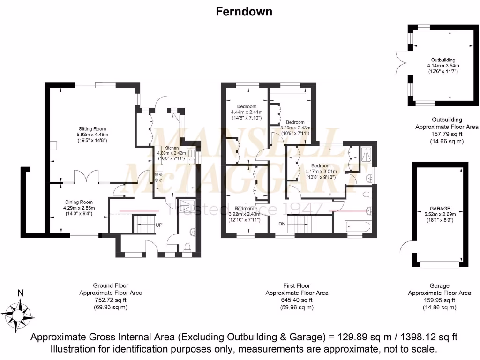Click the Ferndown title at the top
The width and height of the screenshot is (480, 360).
point(244,12)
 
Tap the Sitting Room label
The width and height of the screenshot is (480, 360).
point(92,129)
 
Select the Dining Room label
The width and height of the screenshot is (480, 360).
point(79,202)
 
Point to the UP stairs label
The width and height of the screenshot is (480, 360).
point(159,225)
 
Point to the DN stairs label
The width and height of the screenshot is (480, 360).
point(282,224)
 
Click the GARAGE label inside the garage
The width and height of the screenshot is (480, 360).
point(440,208)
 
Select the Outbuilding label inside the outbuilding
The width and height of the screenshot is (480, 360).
point(443,60)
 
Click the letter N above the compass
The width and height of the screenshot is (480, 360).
point(20,293)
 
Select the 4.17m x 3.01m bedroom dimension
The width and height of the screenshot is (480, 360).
point(321,171)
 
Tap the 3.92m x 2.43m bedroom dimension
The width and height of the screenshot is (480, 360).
point(244,214)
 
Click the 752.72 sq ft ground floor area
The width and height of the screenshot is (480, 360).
point(110,300)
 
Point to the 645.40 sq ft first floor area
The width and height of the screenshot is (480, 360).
point(297,300)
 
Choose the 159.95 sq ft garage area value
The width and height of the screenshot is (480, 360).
point(439,300)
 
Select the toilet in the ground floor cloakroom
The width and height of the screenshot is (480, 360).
point(187,247)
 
